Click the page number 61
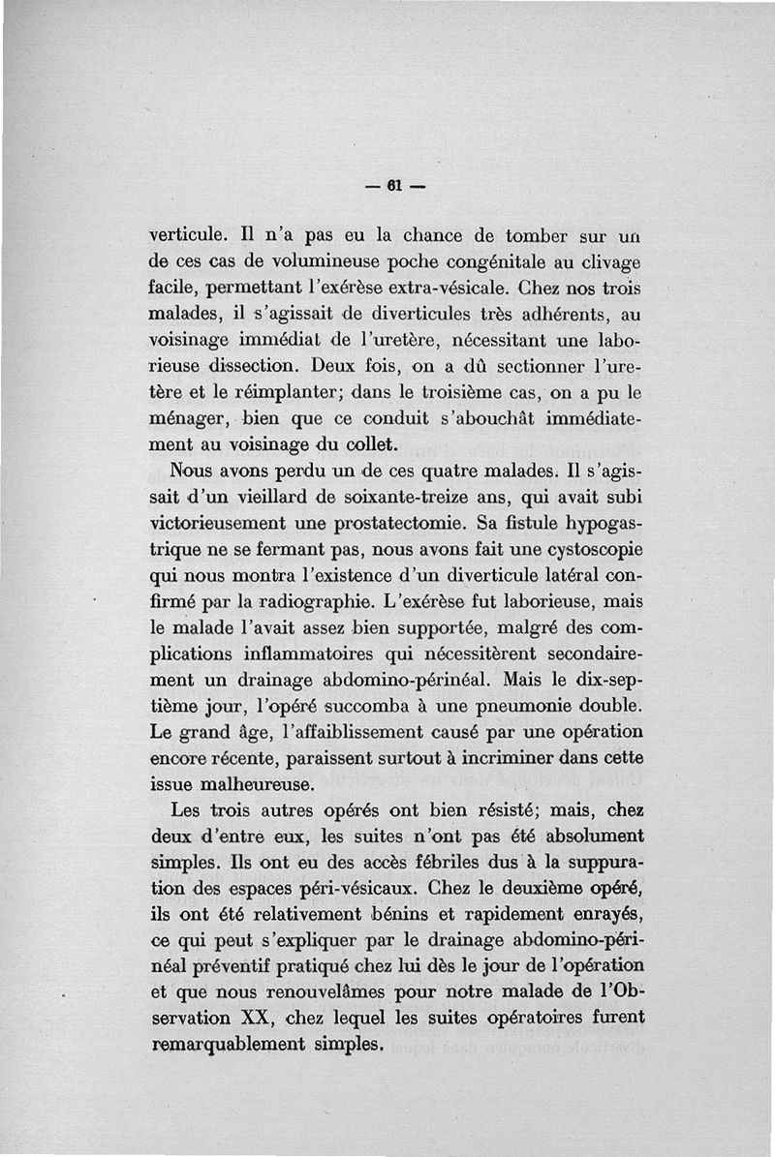(x=393, y=186)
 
